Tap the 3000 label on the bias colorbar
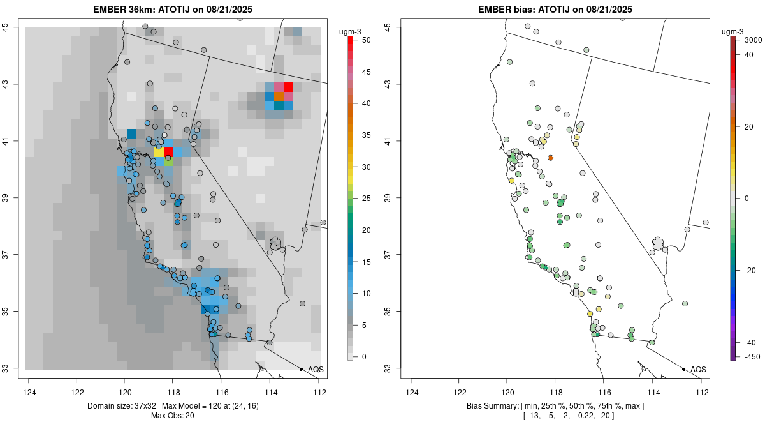point(753,40)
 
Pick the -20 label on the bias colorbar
point(750,270)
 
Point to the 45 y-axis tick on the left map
point(13,27)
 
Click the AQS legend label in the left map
point(316,369)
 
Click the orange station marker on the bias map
point(551,158)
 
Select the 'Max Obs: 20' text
point(173,416)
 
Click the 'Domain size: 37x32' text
point(121,406)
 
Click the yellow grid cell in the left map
point(159,152)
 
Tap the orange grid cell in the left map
point(279,96)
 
